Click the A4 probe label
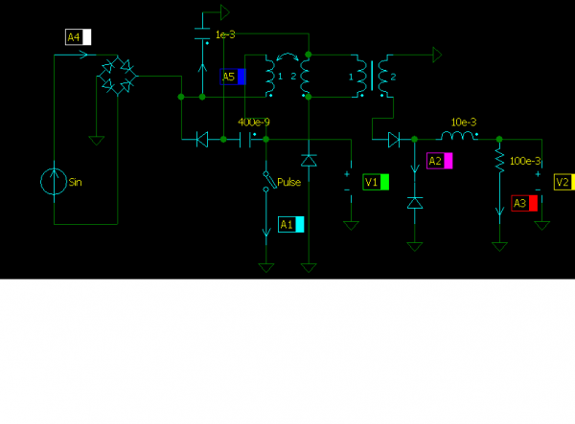[x=78, y=37]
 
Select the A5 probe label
[x=234, y=77]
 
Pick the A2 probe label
[x=439, y=161]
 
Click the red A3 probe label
[x=524, y=203]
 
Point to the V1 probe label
[x=376, y=181]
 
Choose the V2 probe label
[x=564, y=182]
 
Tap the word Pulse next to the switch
[x=288, y=182]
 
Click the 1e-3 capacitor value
[x=225, y=34]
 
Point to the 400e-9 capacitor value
[x=253, y=123]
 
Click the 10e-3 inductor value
[x=464, y=123]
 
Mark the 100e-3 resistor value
[x=525, y=161]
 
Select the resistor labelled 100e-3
[x=499, y=161]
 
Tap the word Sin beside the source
[x=77, y=180]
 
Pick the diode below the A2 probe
[x=415, y=203]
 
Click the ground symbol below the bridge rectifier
[x=96, y=140]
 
